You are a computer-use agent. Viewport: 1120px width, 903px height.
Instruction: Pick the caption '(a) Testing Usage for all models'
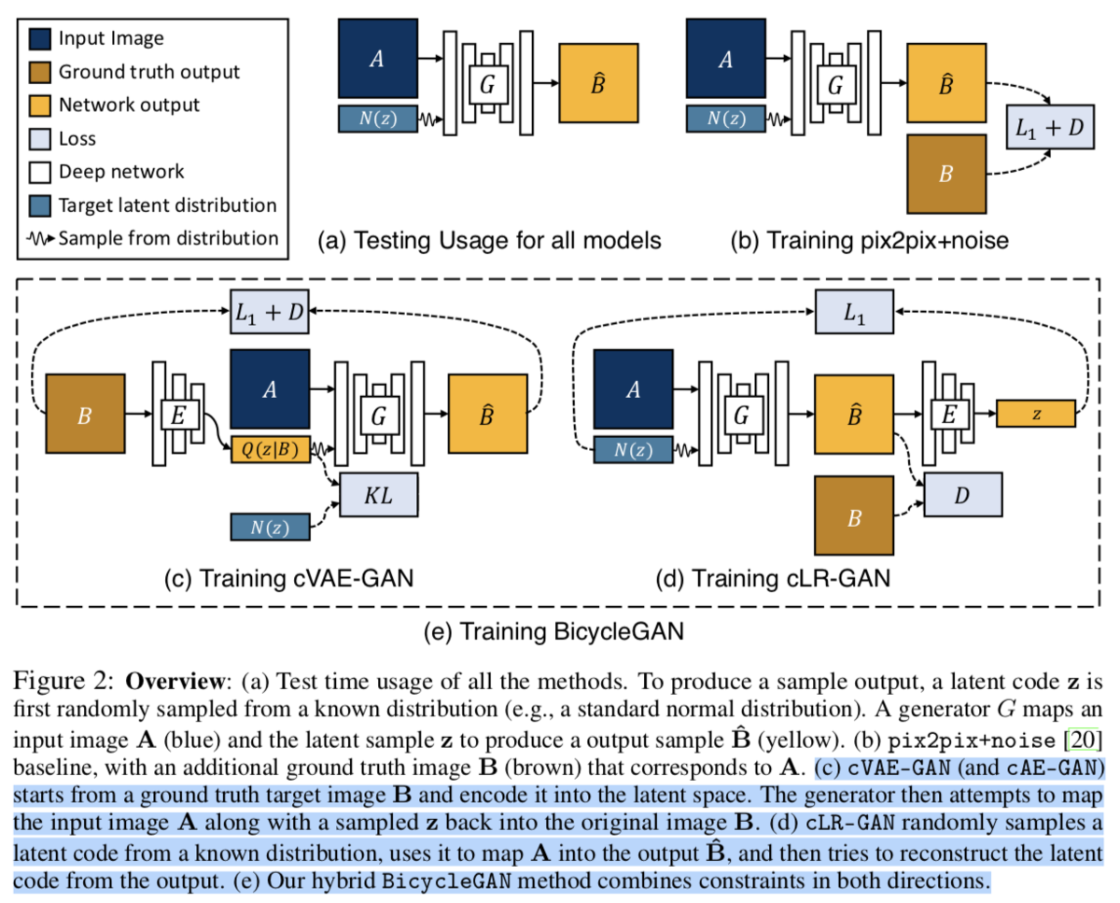pos(490,241)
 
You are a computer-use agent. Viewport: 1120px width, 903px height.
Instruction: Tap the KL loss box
pos(380,496)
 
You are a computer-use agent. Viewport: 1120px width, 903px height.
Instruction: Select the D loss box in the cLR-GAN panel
pos(962,494)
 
